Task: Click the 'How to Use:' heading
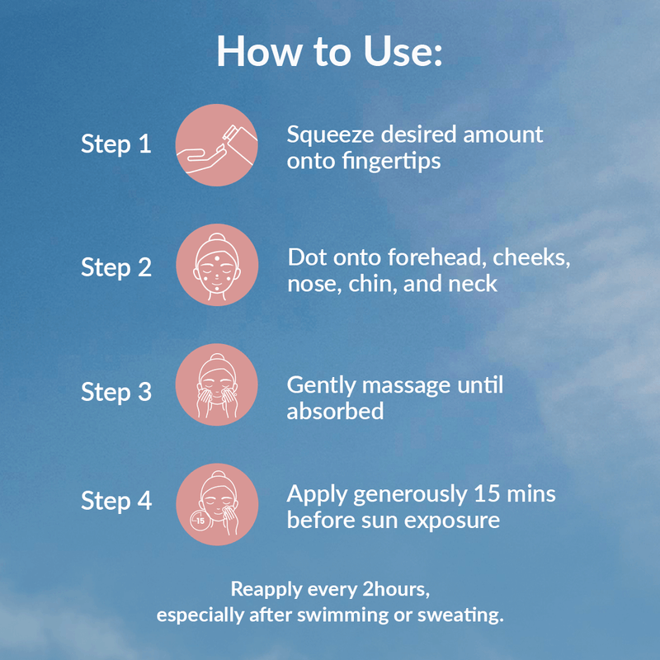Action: pos(329,51)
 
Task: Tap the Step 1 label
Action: pos(116,144)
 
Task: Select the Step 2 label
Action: pos(116,267)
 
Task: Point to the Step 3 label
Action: pos(116,391)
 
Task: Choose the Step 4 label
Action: pos(116,501)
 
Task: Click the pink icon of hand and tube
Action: pos(216,145)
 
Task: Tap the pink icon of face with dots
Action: pos(217,265)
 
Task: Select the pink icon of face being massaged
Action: pos(216,384)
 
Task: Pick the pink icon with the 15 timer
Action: pos(217,504)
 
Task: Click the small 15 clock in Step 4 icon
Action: pos(200,521)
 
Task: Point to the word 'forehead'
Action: pos(435,257)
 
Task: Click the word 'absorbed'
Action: pos(335,411)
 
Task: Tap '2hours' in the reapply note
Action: pos(396,589)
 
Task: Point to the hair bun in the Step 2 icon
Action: pos(217,237)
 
